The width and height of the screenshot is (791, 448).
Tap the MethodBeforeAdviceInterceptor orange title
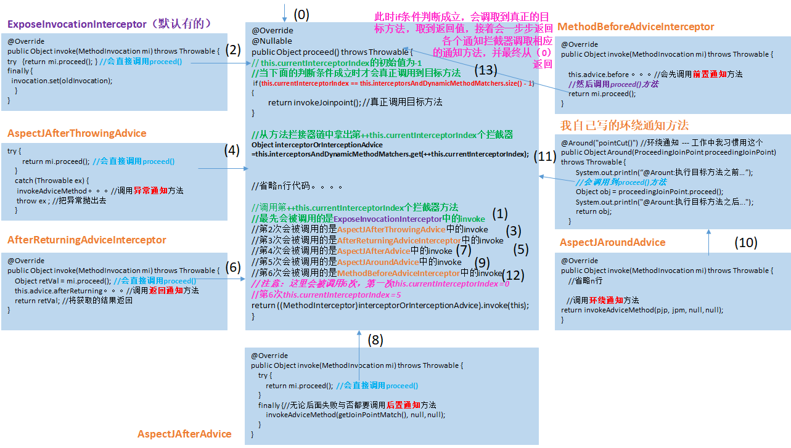pyautogui.click(x=636, y=27)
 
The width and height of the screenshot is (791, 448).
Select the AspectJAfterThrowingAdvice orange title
pyautogui.click(x=77, y=134)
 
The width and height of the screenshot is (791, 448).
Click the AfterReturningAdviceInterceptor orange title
pyautogui.click(x=87, y=240)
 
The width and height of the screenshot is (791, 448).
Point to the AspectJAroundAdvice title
pyautogui.click(x=613, y=242)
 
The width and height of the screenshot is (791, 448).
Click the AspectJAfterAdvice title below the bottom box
pyautogui.click(x=184, y=434)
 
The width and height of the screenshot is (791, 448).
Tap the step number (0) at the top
pyautogui.click(x=301, y=13)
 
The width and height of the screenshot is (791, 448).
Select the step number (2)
pyautogui.click(x=233, y=50)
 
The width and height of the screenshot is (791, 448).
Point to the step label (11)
pyautogui.click(x=545, y=157)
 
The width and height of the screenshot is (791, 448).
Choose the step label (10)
pyautogui.click(x=745, y=243)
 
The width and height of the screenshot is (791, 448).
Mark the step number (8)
pyautogui.click(x=375, y=339)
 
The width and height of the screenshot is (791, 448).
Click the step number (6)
pyautogui.click(x=233, y=267)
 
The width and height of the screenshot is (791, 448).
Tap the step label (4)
pyautogui.click(x=232, y=149)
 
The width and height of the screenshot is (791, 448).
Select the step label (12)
pyautogui.click(x=513, y=275)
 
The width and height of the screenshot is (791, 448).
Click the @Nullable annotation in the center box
pyautogui.click(x=272, y=41)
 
